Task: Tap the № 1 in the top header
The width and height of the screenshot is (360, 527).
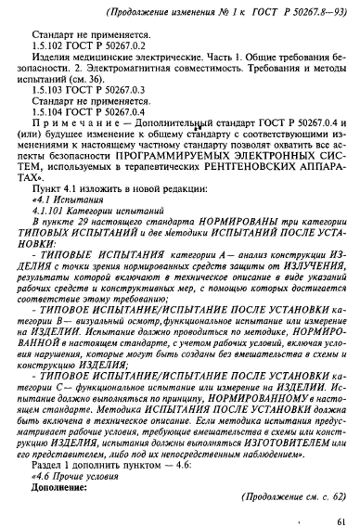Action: [198, 10]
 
